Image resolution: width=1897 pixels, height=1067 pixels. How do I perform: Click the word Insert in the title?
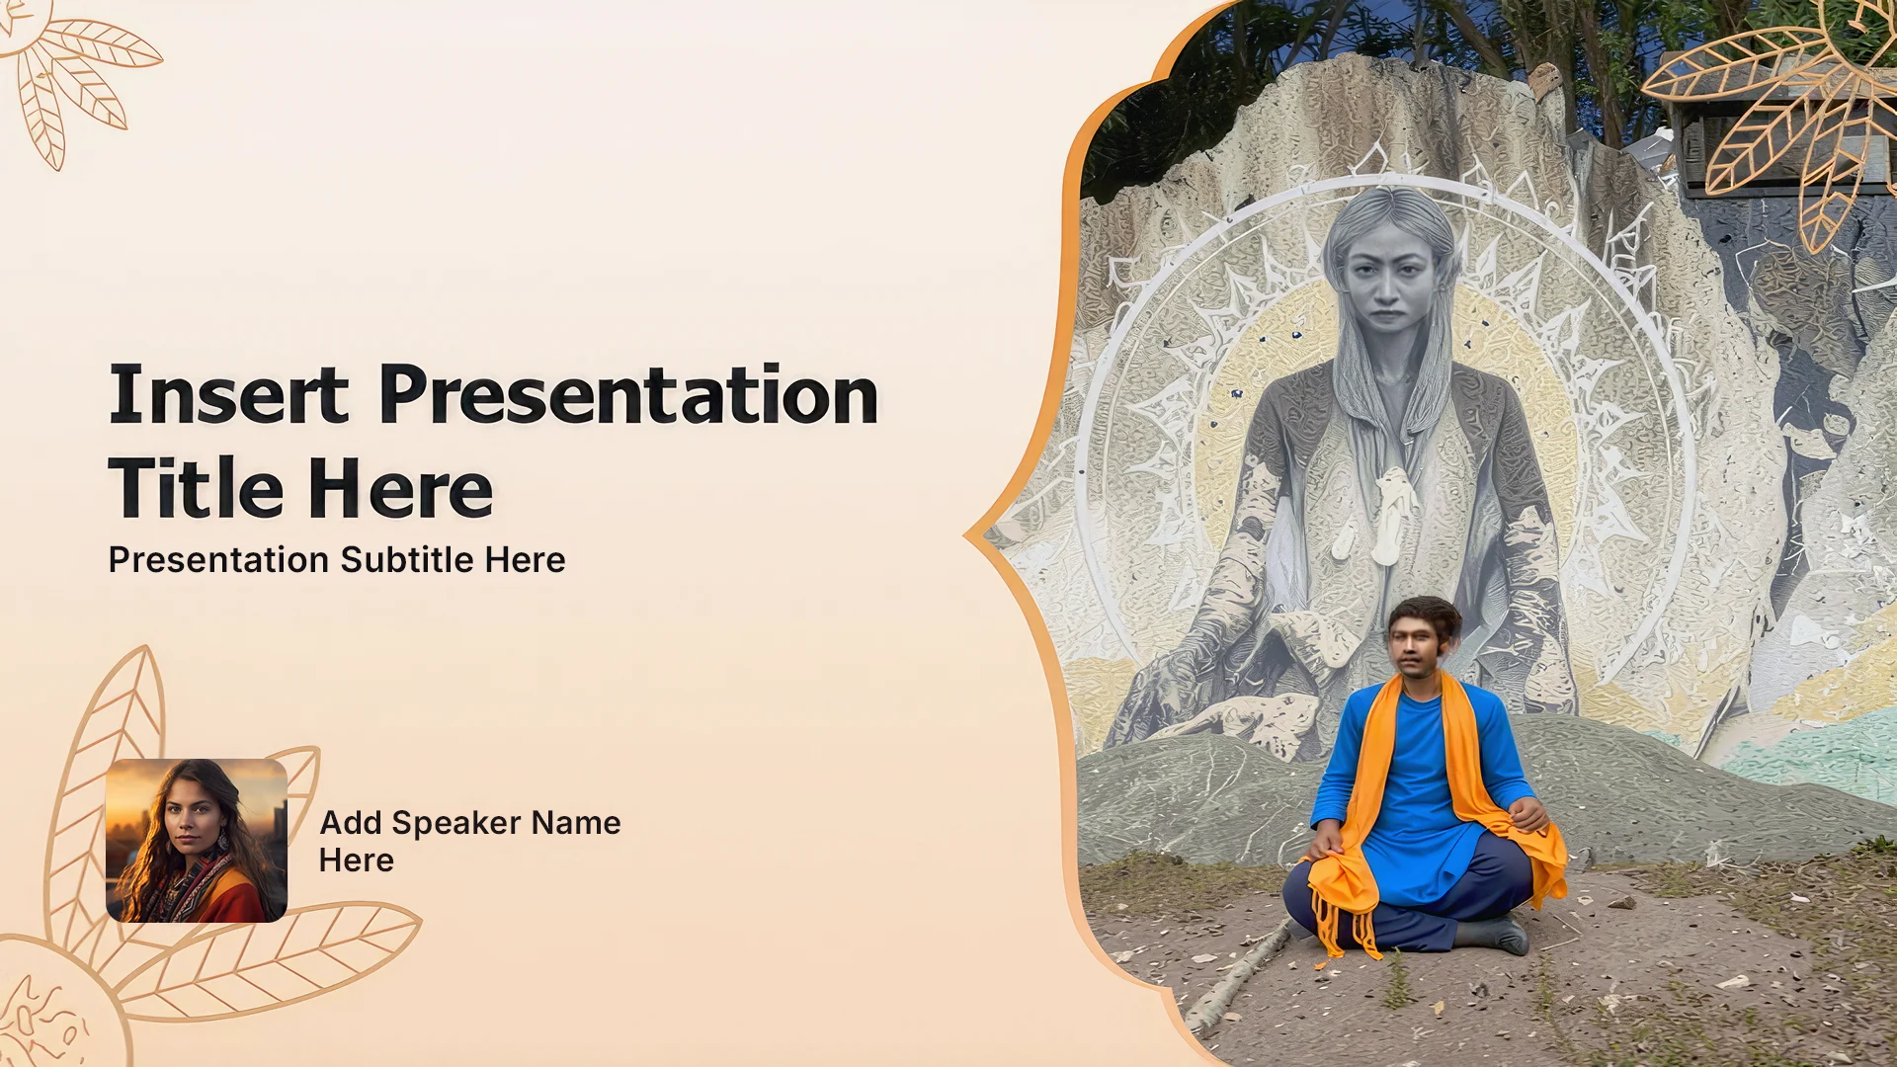click(x=229, y=394)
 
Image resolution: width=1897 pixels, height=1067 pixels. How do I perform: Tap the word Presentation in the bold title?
click(x=629, y=394)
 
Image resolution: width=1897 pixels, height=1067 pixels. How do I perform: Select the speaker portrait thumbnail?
click(x=197, y=841)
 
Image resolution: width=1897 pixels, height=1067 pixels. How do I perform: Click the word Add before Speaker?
click(x=351, y=822)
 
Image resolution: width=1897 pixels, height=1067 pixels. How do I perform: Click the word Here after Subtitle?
click(x=526, y=559)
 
